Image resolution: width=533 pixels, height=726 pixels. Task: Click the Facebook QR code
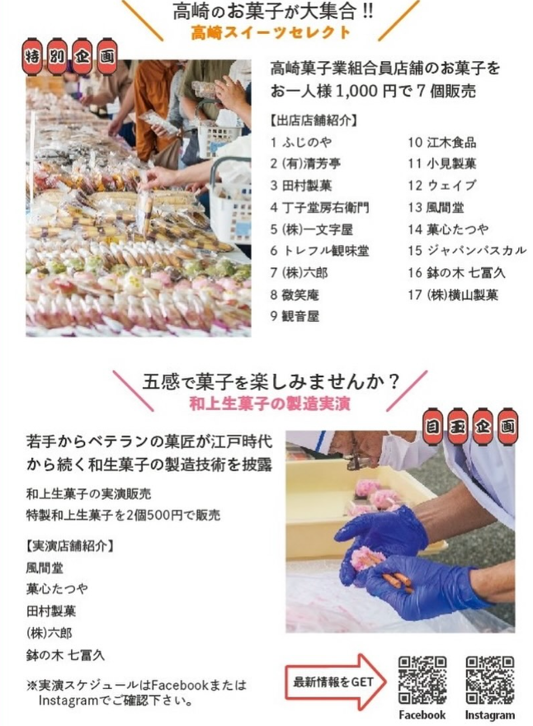(x=422, y=680)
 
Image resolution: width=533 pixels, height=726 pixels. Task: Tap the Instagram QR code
(x=489, y=680)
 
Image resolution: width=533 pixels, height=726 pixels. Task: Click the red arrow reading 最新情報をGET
(x=335, y=681)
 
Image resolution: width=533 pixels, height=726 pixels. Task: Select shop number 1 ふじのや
(x=301, y=142)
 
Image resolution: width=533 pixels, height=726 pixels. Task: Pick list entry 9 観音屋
(x=295, y=316)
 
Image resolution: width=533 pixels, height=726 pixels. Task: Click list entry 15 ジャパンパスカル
(x=467, y=251)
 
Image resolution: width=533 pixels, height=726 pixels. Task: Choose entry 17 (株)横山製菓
(x=453, y=295)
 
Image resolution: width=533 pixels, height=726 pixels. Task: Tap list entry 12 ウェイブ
(x=441, y=185)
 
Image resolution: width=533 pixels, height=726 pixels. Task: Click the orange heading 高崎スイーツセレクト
(x=271, y=33)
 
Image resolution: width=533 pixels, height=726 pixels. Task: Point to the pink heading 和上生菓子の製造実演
(x=270, y=403)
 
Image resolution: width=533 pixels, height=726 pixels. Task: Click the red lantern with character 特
(x=32, y=57)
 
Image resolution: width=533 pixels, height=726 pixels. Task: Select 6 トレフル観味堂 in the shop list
(x=319, y=251)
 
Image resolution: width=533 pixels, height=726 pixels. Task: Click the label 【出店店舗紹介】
(x=314, y=120)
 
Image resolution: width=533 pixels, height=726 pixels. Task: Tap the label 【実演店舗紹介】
(x=70, y=546)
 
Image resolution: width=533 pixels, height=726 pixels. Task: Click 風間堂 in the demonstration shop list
(x=45, y=568)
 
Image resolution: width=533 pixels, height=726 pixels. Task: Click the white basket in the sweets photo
(x=230, y=199)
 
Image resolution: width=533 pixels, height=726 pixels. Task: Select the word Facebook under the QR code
(x=422, y=715)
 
